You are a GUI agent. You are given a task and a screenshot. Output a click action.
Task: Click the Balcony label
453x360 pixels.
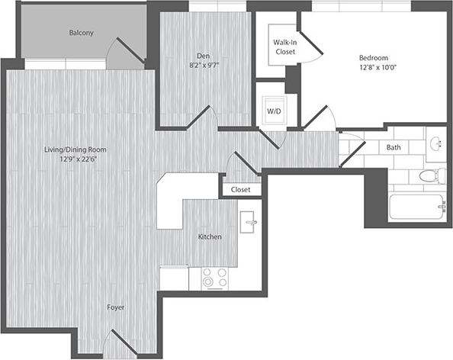(81, 33)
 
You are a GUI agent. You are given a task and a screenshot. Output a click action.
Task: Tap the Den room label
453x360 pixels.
(204, 55)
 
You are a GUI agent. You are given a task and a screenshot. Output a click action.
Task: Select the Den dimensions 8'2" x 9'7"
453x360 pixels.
(204, 65)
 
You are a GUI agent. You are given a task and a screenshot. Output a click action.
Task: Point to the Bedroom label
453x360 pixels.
(374, 57)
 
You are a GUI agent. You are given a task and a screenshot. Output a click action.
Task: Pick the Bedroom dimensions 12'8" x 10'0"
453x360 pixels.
(374, 67)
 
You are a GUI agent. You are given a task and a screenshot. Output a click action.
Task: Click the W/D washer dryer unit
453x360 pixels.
(273, 111)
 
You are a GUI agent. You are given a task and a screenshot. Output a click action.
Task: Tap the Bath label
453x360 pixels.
(394, 147)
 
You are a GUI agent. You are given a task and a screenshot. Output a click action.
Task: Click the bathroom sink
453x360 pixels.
(437, 144)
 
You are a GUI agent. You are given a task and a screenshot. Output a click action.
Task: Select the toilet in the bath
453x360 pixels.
(432, 176)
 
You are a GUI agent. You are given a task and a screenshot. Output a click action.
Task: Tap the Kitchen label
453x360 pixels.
(210, 237)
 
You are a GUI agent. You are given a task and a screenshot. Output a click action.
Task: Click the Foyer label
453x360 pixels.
(116, 307)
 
